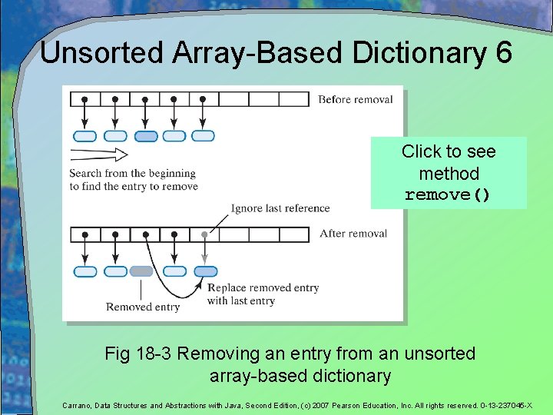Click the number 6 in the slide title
pyautogui.click(x=502, y=53)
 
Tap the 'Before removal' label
pyautogui.click(x=355, y=99)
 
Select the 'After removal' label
pyautogui.click(x=353, y=234)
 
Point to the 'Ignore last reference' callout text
pyautogui.click(x=280, y=208)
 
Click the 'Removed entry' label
pyautogui.click(x=143, y=307)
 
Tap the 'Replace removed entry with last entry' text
pyautogui.click(x=263, y=294)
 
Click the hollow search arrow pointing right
pyautogui.click(x=98, y=156)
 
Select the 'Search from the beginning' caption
pyautogui.click(x=132, y=173)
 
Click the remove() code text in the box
pyautogui.click(x=448, y=195)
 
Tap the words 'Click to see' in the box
pyautogui.click(x=449, y=151)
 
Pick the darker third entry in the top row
pyautogui.click(x=146, y=136)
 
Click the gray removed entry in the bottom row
pyautogui.click(x=141, y=271)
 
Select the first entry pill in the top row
pyautogui.click(x=84, y=136)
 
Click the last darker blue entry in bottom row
pyautogui.click(x=205, y=271)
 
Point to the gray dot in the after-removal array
pyautogui.click(x=204, y=234)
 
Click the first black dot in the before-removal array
pyautogui.click(x=84, y=99)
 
